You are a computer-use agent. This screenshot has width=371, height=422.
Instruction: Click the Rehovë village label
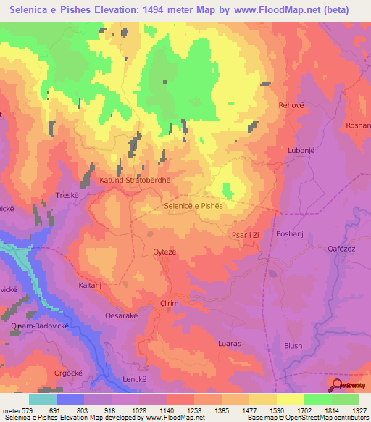pyautogui.click(x=291, y=105)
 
